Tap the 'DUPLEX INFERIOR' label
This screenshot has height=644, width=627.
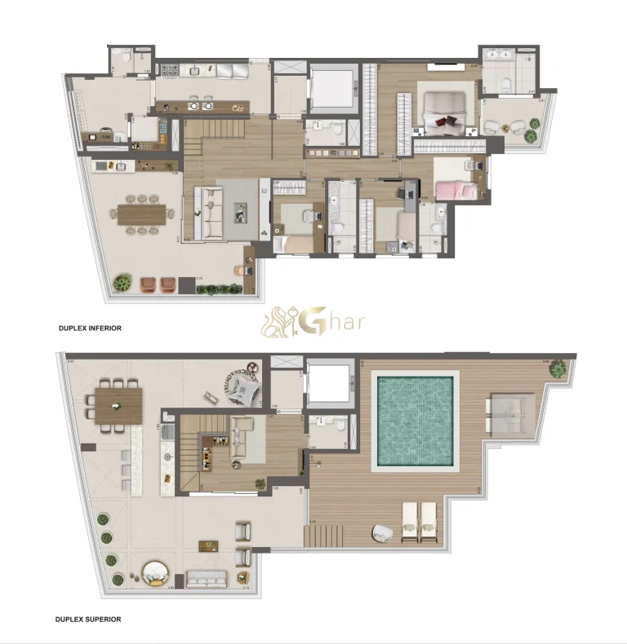[x=89, y=328]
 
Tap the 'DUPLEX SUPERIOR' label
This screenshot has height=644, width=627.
[x=89, y=620]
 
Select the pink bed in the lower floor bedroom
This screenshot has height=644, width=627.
[x=454, y=190]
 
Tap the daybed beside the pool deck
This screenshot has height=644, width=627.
[x=511, y=414]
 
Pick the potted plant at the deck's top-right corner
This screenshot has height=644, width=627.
[x=558, y=368]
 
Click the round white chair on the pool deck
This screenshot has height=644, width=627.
[x=382, y=532]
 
